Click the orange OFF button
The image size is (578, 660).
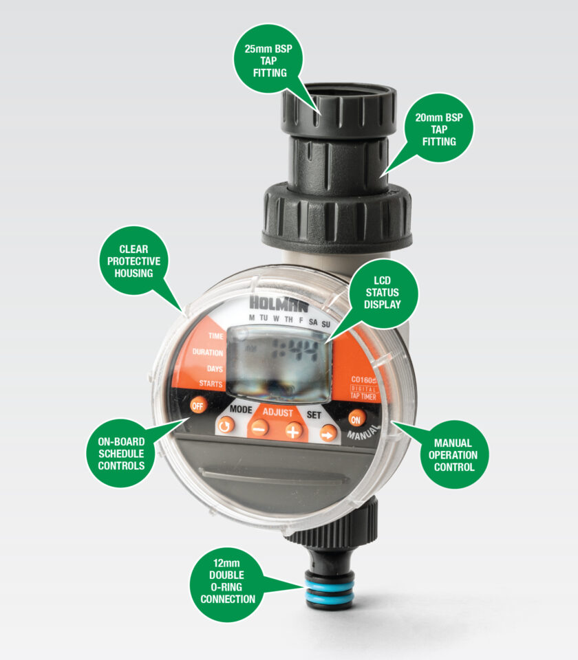198,406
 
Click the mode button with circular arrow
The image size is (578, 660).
226,427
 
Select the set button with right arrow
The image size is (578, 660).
329,432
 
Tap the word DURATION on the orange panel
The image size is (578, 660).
207,352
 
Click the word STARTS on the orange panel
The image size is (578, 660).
211,384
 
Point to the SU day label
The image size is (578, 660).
325,322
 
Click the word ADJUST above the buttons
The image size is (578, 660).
277,412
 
